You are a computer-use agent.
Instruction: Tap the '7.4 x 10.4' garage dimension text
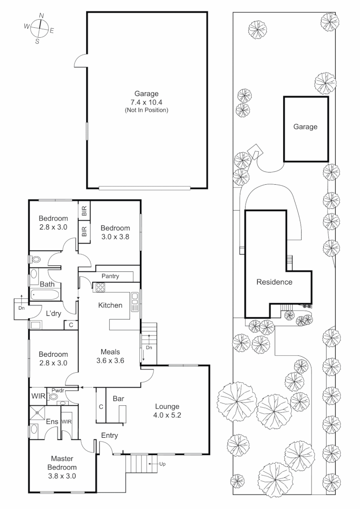tap(146, 102)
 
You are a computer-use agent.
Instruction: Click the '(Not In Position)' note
tap(146, 110)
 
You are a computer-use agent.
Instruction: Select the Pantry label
tap(110, 276)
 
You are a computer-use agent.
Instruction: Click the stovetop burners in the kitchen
tap(101, 287)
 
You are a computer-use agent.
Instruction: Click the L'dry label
tap(55, 312)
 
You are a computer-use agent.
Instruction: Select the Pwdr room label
tap(58, 390)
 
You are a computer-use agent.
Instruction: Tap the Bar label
tap(118, 399)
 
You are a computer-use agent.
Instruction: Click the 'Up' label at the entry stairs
tap(163, 464)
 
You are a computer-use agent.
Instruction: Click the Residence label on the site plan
tap(274, 282)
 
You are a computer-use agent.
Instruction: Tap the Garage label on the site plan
tap(305, 127)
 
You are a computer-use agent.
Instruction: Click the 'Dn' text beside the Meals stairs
tap(148, 348)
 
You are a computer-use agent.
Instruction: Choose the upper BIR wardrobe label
tap(84, 211)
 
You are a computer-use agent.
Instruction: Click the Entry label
tap(109, 435)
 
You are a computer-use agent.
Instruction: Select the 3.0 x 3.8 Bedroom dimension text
tap(115, 238)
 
